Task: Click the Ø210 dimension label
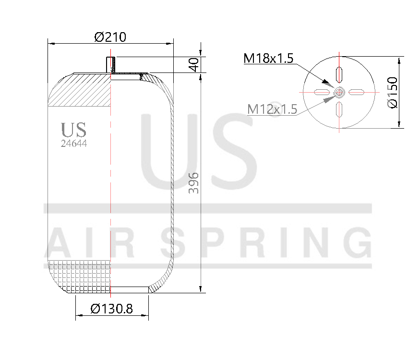tap(110, 36)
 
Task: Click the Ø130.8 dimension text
tap(111, 309)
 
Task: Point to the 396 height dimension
tap(193, 182)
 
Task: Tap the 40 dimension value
tap(194, 64)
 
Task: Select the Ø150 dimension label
tap(393, 92)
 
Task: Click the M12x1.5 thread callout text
tap(272, 109)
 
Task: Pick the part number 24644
tap(74, 143)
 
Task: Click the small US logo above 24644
tap(73, 130)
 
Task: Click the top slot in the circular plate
tap(339, 74)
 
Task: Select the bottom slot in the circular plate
tap(339, 109)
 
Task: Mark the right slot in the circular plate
tap(357, 92)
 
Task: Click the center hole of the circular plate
tap(339, 92)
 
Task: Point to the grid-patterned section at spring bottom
tap(80, 276)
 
